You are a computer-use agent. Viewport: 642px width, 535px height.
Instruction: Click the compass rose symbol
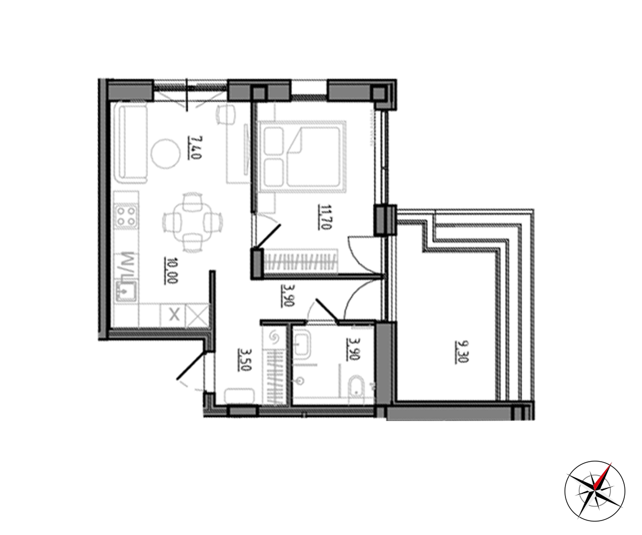[x=594, y=491]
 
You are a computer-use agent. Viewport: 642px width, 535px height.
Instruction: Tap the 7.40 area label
[x=195, y=148]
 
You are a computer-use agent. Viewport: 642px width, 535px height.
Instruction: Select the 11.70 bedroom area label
[x=324, y=217]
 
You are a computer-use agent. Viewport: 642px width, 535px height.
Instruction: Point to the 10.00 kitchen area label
[x=171, y=271]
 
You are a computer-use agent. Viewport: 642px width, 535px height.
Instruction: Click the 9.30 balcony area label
[x=462, y=351]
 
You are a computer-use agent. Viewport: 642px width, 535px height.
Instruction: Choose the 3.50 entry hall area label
[x=244, y=360]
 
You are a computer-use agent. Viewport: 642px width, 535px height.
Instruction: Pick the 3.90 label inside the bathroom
[x=353, y=349]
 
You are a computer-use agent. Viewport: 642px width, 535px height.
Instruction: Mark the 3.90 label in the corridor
[x=288, y=296]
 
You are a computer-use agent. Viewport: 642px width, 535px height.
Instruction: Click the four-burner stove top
[x=126, y=217]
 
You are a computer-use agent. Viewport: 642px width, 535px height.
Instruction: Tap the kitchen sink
[x=126, y=291]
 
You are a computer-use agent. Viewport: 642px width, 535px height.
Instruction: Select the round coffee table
[x=165, y=154]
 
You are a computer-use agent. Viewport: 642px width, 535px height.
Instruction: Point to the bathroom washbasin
[x=302, y=345]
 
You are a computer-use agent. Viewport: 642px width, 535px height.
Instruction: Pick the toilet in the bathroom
[x=357, y=389]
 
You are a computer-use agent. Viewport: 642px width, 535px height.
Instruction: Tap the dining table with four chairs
[x=193, y=223]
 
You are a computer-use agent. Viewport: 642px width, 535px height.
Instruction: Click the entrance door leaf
[x=190, y=366]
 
